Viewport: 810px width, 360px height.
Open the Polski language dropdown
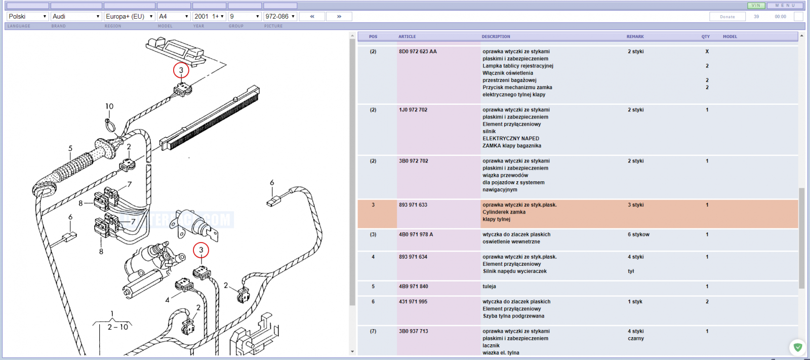pyautogui.click(x=27, y=16)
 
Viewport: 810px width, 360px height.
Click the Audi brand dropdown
pyautogui.click(x=76, y=16)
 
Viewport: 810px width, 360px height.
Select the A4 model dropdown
pyautogui.click(x=174, y=16)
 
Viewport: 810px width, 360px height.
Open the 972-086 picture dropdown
pyautogui.click(x=280, y=16)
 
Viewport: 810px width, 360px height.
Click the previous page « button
pyautogui.click(x=312, y=16)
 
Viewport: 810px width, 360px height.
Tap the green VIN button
pyautogui.click(x=756, y=6)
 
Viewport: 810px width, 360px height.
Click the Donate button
pyautogui.click(x=727, y=17)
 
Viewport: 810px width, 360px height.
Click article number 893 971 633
pyautogui.click(x=413, y=205)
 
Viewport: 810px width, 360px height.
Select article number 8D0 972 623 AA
pyautogui.click(x=418, y=51)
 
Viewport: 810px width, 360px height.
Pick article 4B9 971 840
pyautogui.click(x=413, y=286)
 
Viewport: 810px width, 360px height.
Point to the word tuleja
pyautogui.click(x=489, y=286)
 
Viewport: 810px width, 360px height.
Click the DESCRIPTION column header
pyautogui.click(x=496, y=36)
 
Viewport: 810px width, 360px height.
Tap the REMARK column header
pyautogui.click(x=635, y=36)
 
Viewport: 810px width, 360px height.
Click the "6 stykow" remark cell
pyautogui.click(x=638, y=234)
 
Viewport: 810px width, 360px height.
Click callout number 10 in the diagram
pyautogui.click(x=109, y=106)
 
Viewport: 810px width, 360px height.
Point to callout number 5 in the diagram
pyautogui.click(x=70, y=148)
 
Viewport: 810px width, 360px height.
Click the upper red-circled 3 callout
pyautogui.click(x=181, y=70)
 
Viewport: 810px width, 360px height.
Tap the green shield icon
pyautogui.click(x=798, y=347)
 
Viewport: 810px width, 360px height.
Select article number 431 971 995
pyautogui.click(x=413, y=301)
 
